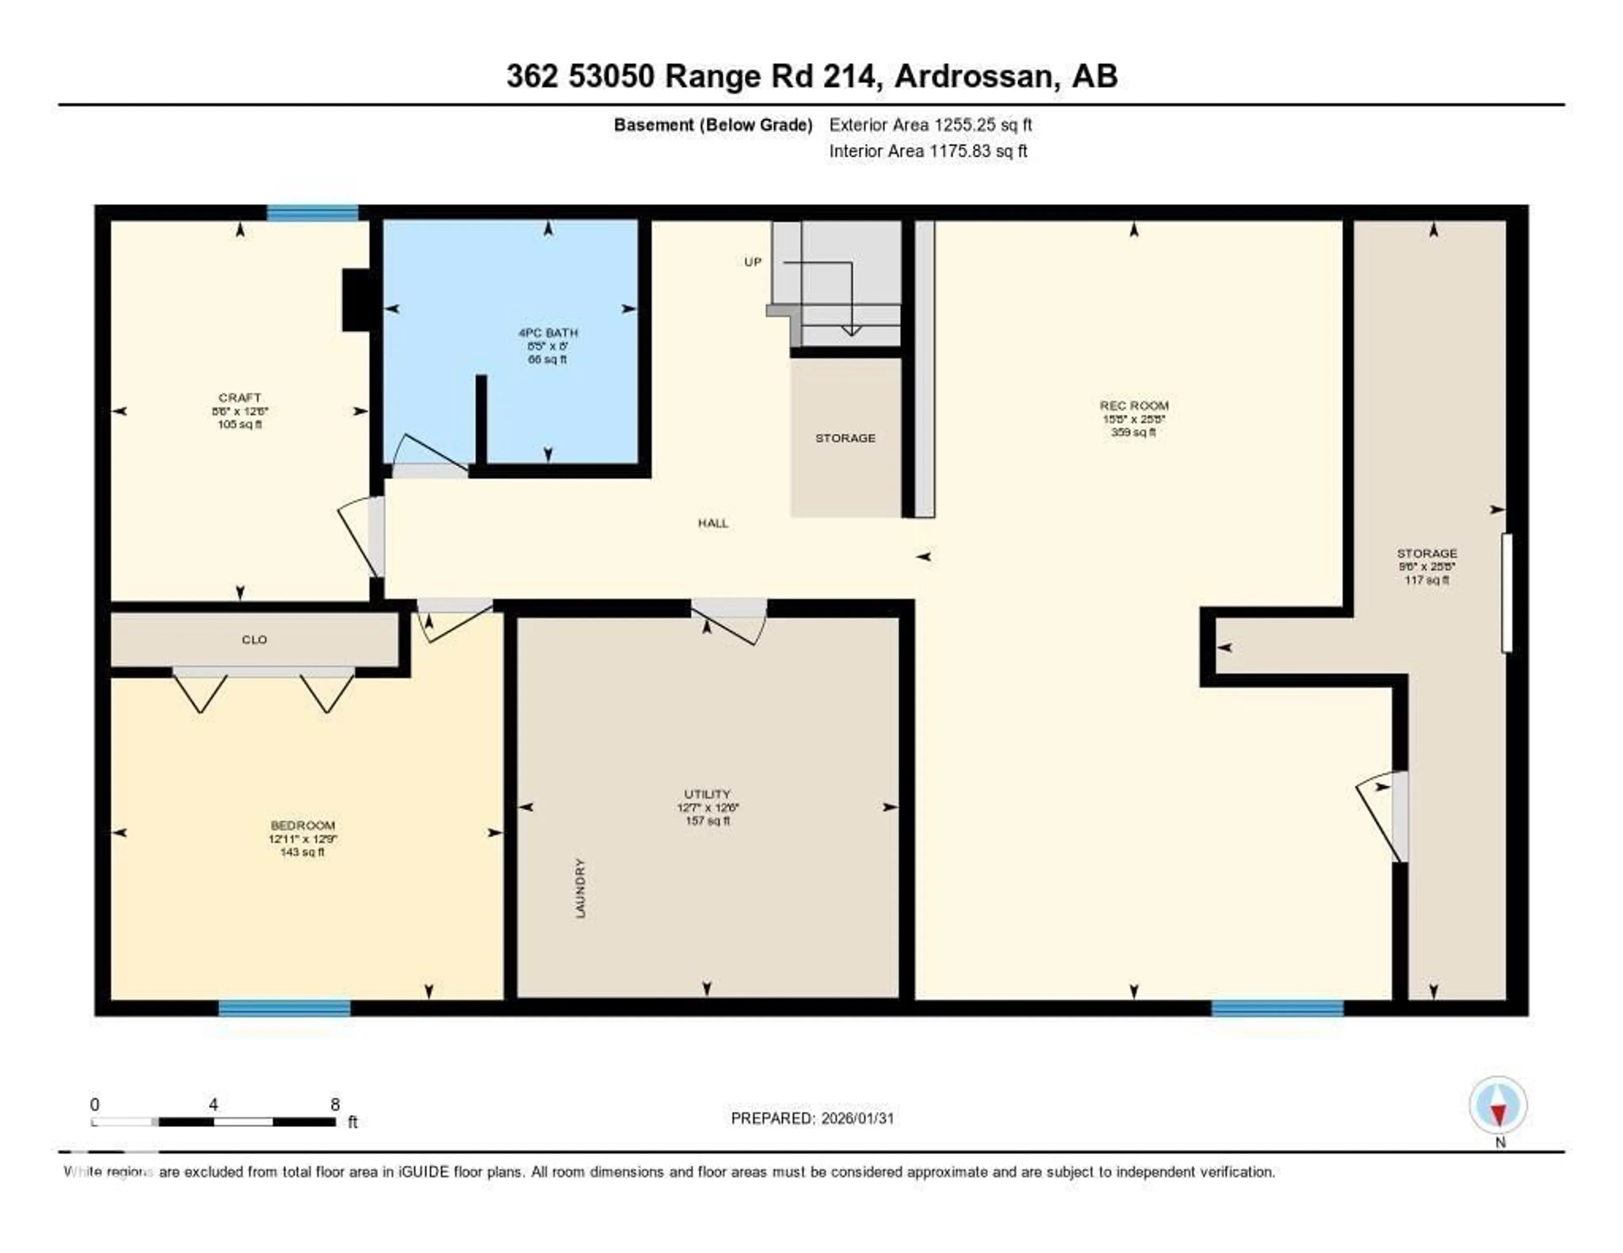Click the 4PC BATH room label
(x=548, y=333)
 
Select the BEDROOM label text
(x=303, y=825)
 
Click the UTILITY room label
(x=708, y=794)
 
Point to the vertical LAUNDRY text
(x=580, y=888)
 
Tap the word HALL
(x=713, y=523)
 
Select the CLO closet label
(x=254, y=640)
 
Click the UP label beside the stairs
(x=753, y=262)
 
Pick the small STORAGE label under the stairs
(x=845, y=438)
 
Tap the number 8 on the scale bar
(x=335, y=1104)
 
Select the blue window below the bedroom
(x=284, y=1008)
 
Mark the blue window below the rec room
(x=1277, y=1008)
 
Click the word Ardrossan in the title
(x=976, y=76)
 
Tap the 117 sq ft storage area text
(x=1426, y=580)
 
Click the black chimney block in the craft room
(x=355, y=300)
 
